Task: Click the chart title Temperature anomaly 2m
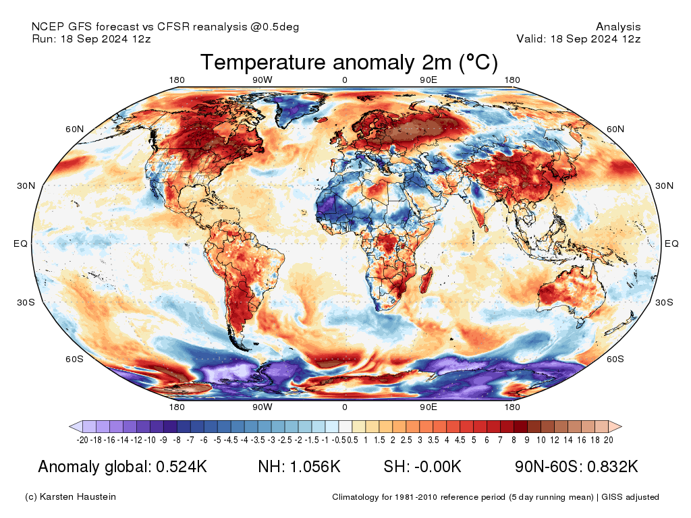click(x=349, y=63)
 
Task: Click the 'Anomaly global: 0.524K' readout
click(x=122, y=467)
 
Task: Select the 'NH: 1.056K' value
click(x=299, y=467)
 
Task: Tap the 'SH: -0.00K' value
click(x=422, y=467)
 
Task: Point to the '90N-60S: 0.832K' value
click(x=576, y=467)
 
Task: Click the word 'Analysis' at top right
click(x=618, y=27)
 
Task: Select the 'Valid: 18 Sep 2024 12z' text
click(x=578, y=38)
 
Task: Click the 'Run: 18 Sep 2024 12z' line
click(x=91, y=38)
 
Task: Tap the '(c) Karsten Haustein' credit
click(x=70, y=497)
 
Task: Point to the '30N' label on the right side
click(x=665, y=185)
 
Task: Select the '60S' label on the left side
click(x=74, y=359)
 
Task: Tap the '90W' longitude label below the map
click(x=262, y=407)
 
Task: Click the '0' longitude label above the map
click(x=344, y=80)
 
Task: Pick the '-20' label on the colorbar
click(x=83, y=440)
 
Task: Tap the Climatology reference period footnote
click(x=495, y=497)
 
